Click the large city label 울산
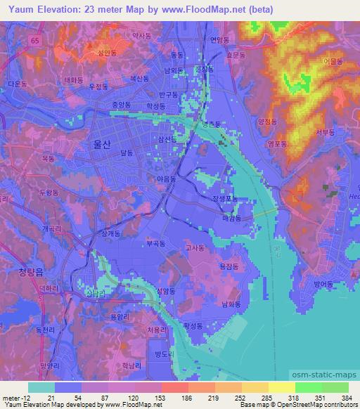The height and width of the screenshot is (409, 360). tap(103, 142)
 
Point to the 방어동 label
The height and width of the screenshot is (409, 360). tap(326, 284)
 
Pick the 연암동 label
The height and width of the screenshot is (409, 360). tap(219, 39)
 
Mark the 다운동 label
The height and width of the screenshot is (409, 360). tap(17, 83)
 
